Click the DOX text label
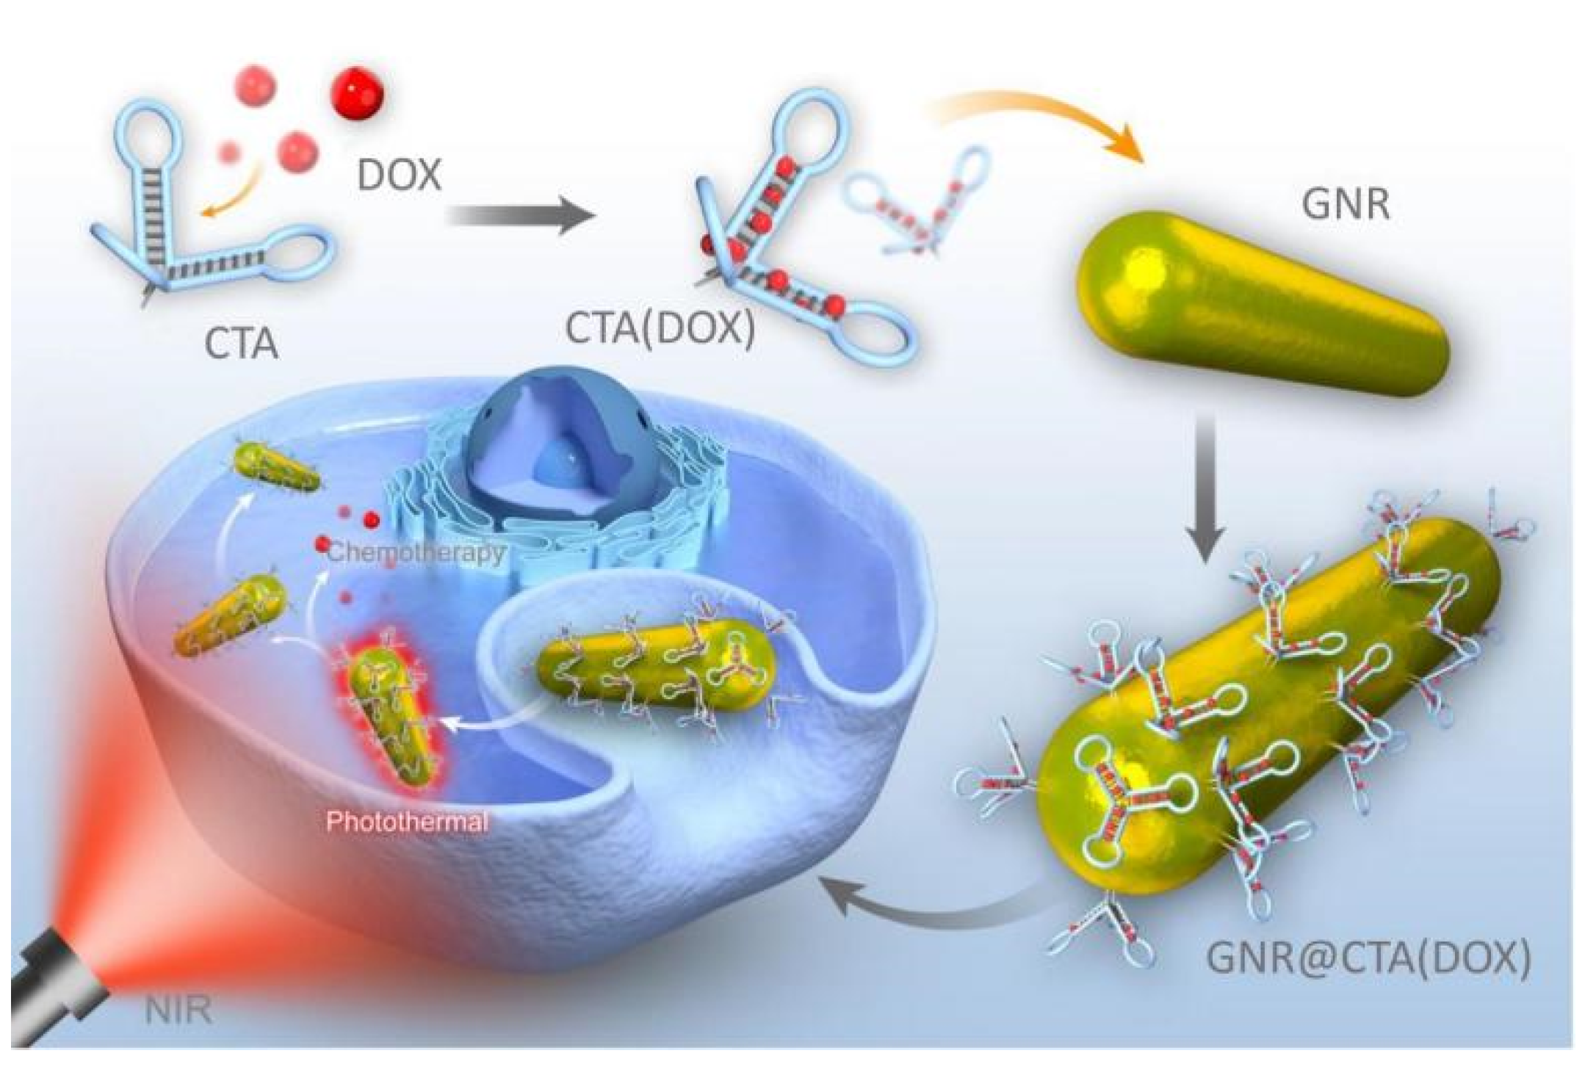coord(400,176)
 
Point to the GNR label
coord(1346,204)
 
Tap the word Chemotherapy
coord(416,551)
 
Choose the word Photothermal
coord(407,821)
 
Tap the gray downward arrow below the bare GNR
coord(1205,492)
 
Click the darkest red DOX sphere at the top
coord(359,94)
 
